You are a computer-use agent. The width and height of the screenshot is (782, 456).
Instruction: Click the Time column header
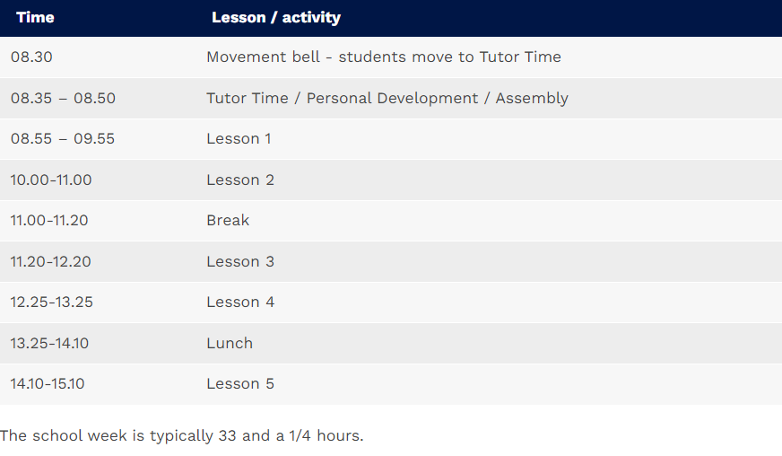pos(35,17)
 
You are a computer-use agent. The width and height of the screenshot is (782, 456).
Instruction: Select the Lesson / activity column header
pos(276,17)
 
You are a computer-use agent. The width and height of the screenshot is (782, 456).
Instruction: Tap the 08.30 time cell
pos(31,57)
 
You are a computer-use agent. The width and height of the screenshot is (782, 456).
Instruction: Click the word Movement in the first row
pos(263,57)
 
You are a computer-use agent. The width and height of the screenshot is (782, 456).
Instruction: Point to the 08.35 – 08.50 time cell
pos(63,98)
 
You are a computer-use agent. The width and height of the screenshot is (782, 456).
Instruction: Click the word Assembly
pos(532,99)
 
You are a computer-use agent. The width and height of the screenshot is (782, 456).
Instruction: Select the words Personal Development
pos(392,99)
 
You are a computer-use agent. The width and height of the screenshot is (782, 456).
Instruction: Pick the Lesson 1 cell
pos(239,139)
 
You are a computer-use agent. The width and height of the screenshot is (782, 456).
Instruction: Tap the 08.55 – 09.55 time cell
pos(63,139)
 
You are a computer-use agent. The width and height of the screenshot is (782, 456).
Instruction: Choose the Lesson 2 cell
pos(240,180)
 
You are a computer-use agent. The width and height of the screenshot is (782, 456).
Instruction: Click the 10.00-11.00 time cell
pos(51,180)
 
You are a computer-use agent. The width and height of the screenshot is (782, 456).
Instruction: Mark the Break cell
pos(228,220)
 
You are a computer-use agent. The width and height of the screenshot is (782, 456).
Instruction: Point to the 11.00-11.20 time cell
pos(48,220)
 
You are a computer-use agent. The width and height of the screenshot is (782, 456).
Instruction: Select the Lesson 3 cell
pos(240,262)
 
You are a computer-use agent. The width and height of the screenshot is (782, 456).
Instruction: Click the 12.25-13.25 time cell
pos(51,303)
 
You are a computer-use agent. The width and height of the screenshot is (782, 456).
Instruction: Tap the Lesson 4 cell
pos(240,303)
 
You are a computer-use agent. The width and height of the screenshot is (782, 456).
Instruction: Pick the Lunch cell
pos(230,343)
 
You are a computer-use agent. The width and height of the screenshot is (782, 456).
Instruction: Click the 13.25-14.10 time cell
pos(49,343)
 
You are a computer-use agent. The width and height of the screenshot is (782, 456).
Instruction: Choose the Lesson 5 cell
pos(240,383)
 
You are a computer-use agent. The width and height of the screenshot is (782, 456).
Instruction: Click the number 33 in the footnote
pos(227,435)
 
